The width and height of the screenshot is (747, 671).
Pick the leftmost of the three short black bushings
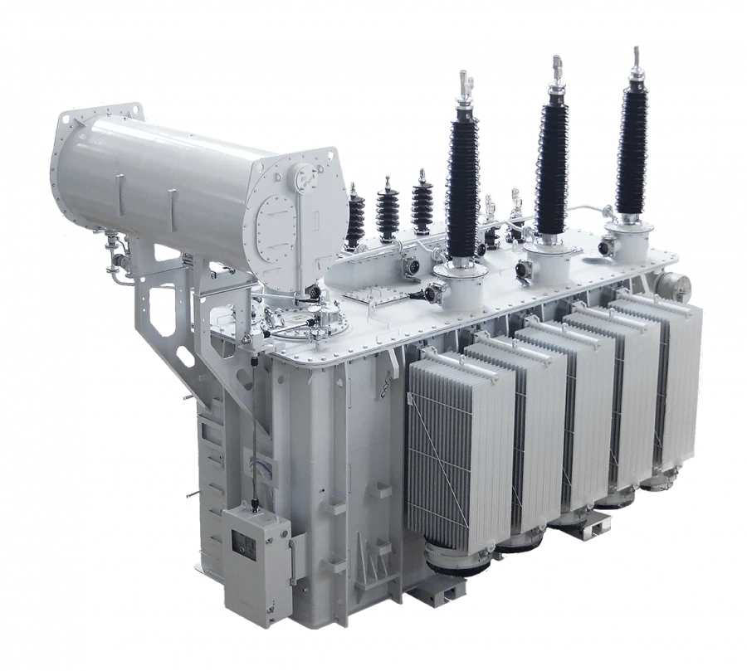pyautogui.click(x=356, y=215)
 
